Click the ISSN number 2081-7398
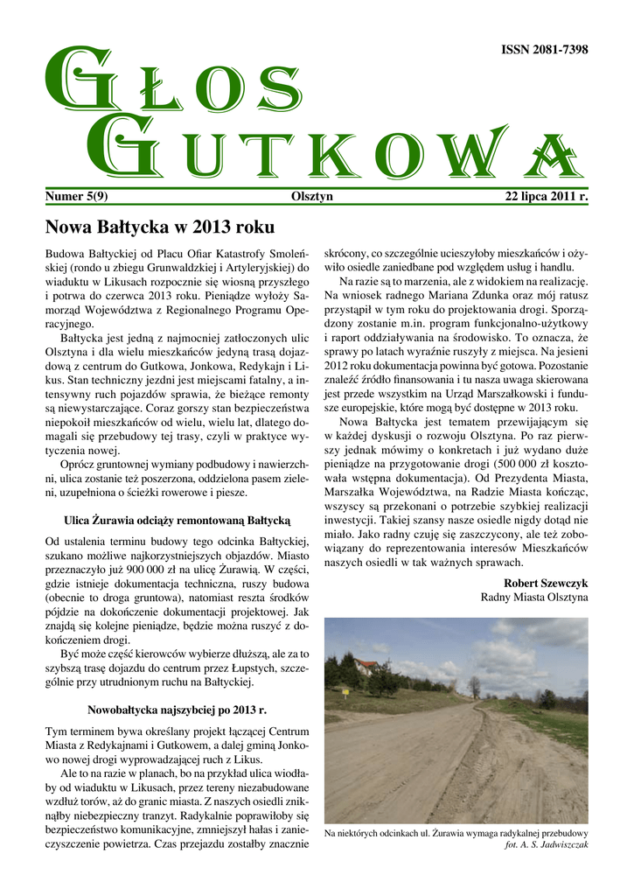tap(544, 50)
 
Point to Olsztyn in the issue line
tap(311, 197)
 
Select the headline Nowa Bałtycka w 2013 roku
tap(159, 227)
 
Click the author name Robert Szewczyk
tap(546, 582)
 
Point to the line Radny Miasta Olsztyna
tap(534, 597)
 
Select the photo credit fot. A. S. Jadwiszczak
tap(547, 845)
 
